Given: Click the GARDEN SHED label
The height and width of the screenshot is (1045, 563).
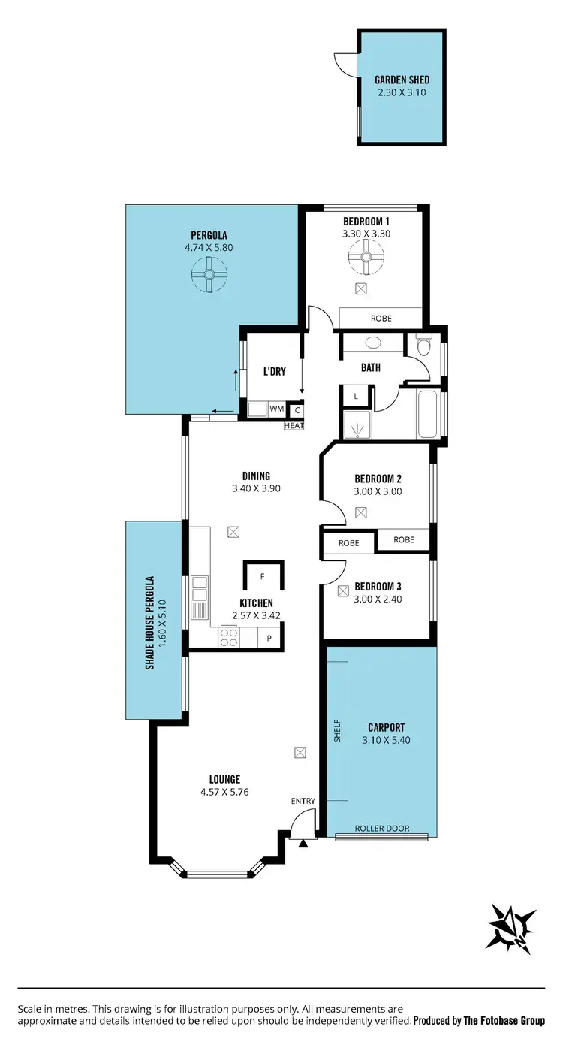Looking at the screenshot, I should [402, 80].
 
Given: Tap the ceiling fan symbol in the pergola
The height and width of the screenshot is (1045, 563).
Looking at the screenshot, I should [209, 274].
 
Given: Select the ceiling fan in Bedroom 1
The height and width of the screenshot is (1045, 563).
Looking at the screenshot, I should [366, 260].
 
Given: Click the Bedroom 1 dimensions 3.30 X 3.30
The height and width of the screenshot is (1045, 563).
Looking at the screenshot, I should [366, 234].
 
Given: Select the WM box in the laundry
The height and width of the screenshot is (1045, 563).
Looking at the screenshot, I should [276, 409].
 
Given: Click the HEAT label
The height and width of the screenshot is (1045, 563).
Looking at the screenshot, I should [293, 426].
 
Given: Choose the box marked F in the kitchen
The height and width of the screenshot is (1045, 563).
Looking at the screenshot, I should [262, 577].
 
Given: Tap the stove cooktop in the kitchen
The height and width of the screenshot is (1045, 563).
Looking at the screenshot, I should [228, 637].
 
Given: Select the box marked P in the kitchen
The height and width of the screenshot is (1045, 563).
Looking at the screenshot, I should [269, 639].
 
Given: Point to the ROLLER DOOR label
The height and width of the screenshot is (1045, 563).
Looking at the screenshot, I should [382, 828].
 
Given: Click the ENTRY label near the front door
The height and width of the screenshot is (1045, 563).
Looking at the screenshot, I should [303, 801].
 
